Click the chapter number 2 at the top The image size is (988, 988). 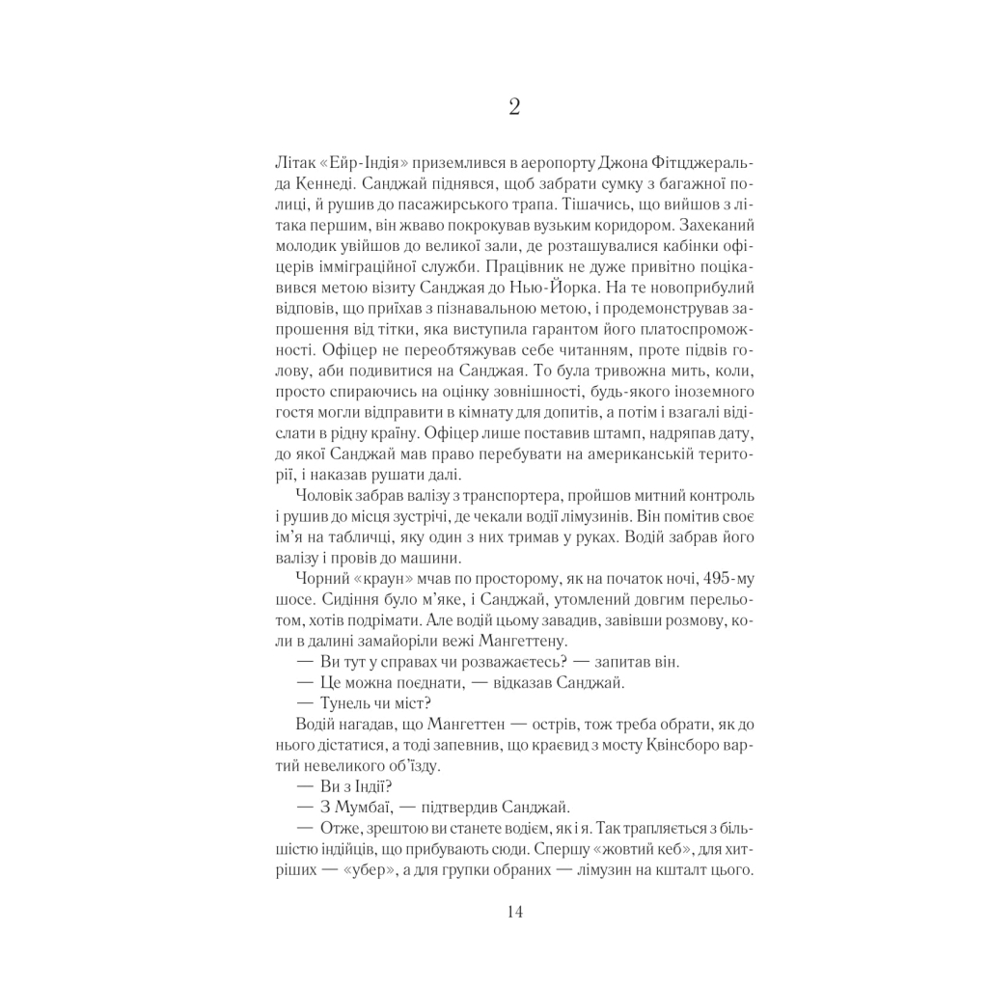[x=513, y=107]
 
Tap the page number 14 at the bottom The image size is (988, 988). [x=513, y=913]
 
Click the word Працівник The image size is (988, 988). [x=529, y=265]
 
